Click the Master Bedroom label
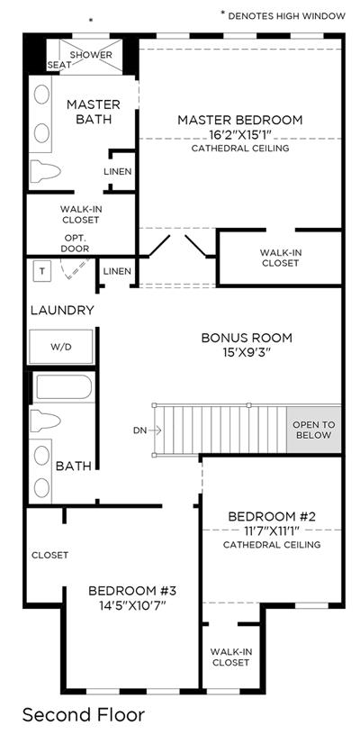coord(239,120)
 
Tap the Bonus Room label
coord(247,338)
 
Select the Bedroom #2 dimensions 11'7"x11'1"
coord(272,530)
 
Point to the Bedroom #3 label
coord(131,591)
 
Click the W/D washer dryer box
coord(61,347)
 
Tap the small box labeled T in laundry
coord(42,272)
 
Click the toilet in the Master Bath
coord(45,171)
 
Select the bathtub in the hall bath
coord(63,387)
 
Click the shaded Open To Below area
coord(314,430)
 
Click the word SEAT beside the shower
coord(59,66)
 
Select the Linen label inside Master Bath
coord(117,172)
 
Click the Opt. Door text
coord(75,244)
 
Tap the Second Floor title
coord(84,715)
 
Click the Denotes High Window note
coord(283,16)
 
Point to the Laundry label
coord(63,310)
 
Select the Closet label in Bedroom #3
coord(50,555)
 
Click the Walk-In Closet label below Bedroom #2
coord(229,657)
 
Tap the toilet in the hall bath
coord(45,421)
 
